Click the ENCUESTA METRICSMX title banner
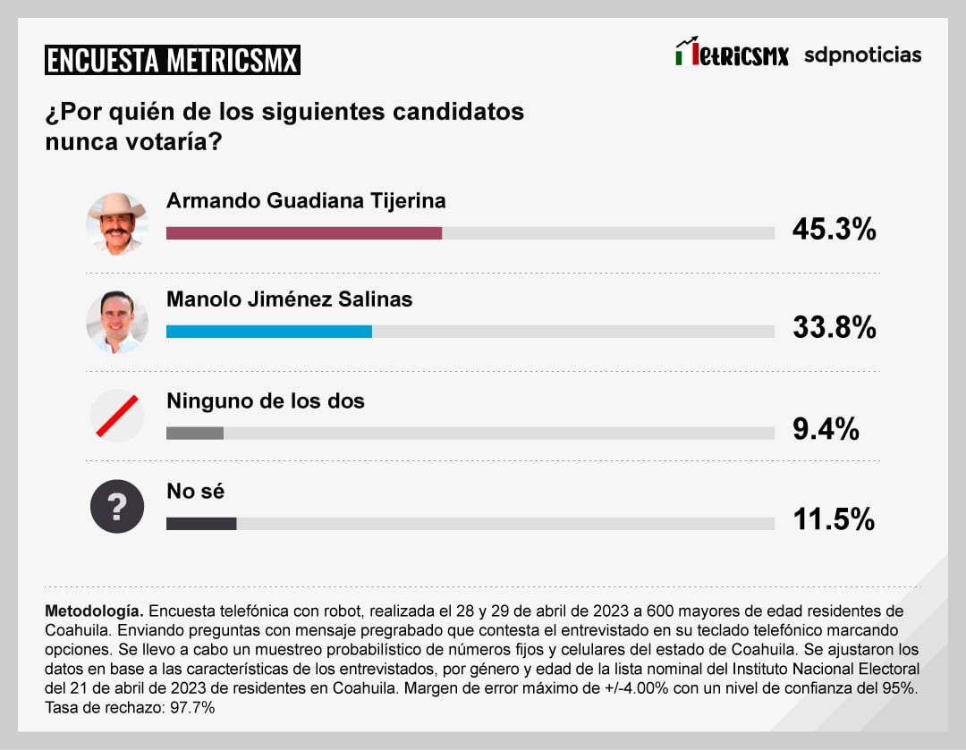click(x=173, y=60)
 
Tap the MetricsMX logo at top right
click(x=732, y=54)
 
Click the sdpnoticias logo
click(x=862, y=55)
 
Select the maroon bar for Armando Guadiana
click(x=304, y=233)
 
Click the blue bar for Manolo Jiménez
click(x=269, y=332)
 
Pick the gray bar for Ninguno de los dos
click(x=195, y=434)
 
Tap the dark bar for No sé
click(x=201, y=523)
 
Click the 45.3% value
click(x=834, y=230)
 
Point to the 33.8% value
click(x=834, y=328)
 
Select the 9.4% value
click(x=826, y=430)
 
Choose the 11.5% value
click(x=834, y=519)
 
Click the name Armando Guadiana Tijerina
click(x=306, y=200)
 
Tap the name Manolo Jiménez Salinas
click(x=289, y=299)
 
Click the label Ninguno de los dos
click(x=266, y=400)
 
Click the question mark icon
click(x=117, y=507)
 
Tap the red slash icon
click(x=117, y=417)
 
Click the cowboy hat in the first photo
click(x=116, y=206)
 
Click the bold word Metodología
click(x=93, y=611)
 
